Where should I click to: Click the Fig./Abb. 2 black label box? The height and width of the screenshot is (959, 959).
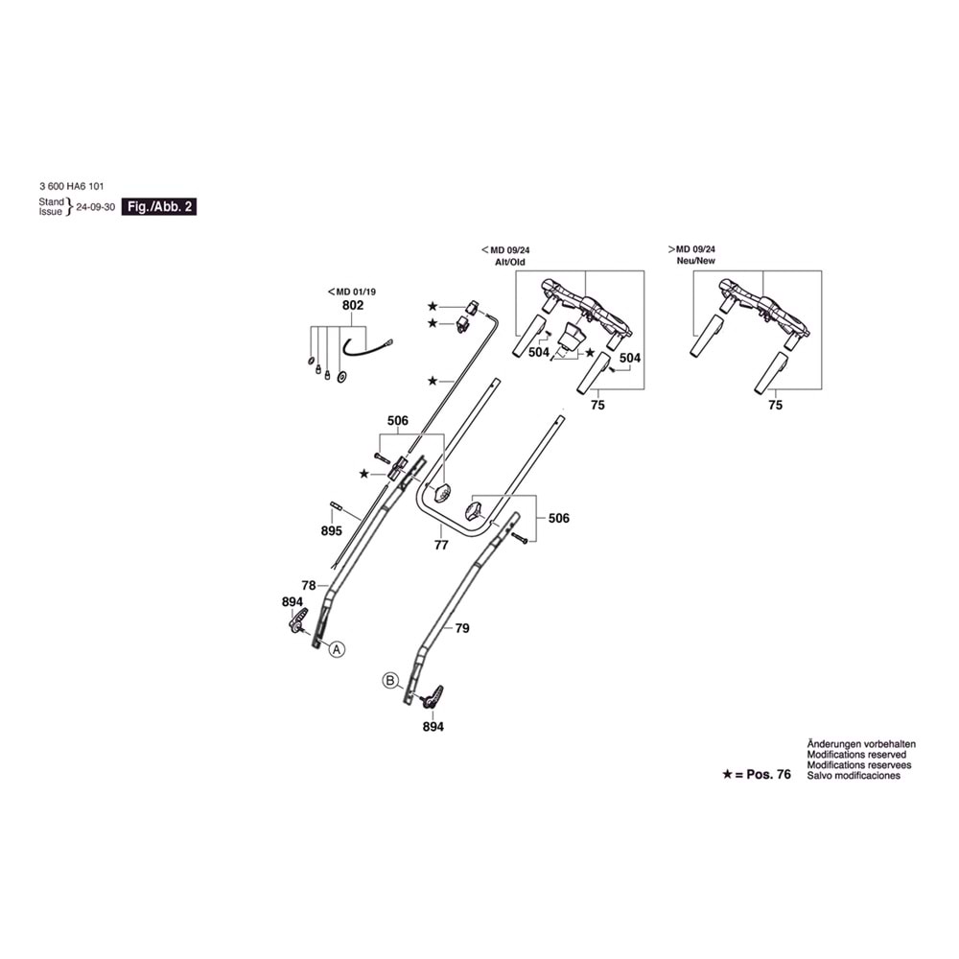point(159,207)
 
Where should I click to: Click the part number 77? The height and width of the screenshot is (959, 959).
point(442,544)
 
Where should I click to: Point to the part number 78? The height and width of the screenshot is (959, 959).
point(308,584)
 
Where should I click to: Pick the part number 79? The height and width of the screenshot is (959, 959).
point(462,628)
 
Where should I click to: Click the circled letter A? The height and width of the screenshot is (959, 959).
point(337,649)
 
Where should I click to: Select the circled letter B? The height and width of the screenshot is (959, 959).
point(390,681)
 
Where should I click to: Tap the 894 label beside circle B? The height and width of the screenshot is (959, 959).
point(433,727)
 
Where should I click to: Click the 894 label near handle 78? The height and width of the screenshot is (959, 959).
point(293,601)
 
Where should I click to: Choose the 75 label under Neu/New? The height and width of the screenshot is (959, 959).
point(775,406)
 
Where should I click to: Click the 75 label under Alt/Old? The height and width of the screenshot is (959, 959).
point(597,406)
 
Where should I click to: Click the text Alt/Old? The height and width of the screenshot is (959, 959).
point(509,262)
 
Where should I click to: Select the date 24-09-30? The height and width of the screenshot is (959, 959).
point(96,207)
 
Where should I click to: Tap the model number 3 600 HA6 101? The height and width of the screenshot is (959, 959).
point(73,187)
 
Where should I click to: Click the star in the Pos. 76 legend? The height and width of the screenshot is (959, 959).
point(728,773)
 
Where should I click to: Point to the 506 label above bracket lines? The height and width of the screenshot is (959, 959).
point(398,421)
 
